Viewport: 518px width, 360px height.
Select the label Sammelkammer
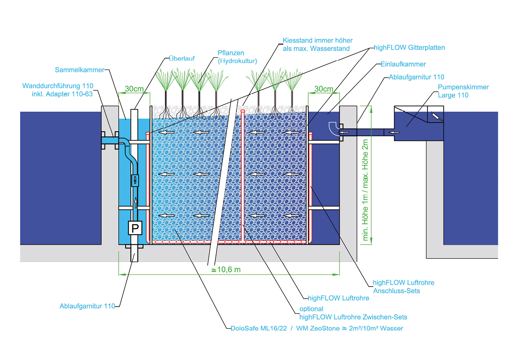[79, 70]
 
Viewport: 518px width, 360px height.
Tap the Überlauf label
[181, 58]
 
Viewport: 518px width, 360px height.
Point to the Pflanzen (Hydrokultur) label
[237, 57]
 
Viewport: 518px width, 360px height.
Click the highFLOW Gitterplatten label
[409, 48]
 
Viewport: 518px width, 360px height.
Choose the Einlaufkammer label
[403, 64]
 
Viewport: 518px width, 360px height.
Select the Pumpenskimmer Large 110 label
[463, 91]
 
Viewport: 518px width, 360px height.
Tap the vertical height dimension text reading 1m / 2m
[366, 190]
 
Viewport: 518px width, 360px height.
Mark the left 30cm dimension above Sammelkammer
[134, 89]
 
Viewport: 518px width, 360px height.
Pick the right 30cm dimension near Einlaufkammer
[324, 89]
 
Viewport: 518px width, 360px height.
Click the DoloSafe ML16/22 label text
[259, 328]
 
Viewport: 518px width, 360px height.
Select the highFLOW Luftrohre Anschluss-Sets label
[403, 287]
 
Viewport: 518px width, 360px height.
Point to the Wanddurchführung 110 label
[58, 90]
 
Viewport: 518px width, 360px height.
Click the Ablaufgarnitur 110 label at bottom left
[87, 306]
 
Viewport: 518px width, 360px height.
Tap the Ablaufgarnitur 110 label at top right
[416, 77]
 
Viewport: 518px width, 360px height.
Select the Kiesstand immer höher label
[317, 44]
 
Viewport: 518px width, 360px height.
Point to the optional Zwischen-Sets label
[353, 313]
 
